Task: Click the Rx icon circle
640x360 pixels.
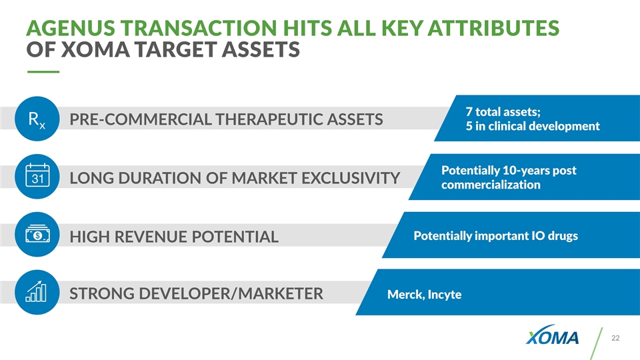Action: coord(37,119)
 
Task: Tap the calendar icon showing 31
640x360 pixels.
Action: coord(37,176)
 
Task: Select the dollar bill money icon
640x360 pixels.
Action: coord(37,234)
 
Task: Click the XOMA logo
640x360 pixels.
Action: coord(552,335)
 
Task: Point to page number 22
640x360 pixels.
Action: coord(615,338)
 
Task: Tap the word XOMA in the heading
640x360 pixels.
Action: coord(95,49)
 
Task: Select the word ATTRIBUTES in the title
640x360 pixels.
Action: coord(493,28)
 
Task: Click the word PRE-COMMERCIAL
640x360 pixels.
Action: coord(141,119)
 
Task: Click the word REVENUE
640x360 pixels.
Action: coord(151,237)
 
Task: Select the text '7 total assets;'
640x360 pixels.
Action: coord(503,111)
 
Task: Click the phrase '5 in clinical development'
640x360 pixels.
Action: coord(533,126)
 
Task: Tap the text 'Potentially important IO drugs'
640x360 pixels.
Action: coord(495,236)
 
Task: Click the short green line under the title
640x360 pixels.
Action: coord(43,72)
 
